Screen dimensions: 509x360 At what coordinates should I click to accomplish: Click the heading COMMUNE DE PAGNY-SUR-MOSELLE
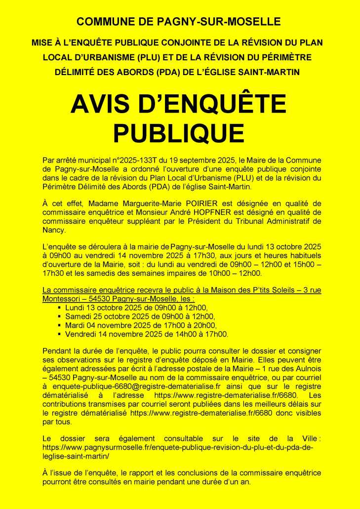(x=179, y=22)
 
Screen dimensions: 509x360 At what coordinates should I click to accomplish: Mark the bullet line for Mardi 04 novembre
(x=140, y=325)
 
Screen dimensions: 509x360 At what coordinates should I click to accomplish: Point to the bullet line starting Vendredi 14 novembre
(x=146, y=334)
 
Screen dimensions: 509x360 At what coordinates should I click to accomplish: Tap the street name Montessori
(x=62, y=298)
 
